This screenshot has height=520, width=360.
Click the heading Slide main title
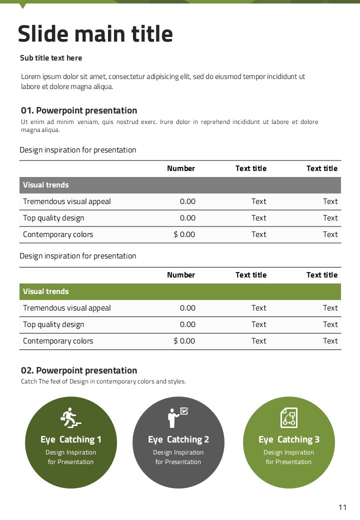coord(95,34)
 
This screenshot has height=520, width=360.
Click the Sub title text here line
coord(51,58)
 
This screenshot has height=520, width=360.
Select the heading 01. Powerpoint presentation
coord(79,110)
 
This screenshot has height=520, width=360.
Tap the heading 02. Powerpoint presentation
coord(79,370)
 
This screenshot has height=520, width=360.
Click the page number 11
coord(342,507)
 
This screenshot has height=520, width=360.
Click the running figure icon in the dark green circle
coord(70,417)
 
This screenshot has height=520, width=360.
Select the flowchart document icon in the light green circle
coord(288,417)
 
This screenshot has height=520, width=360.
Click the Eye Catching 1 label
coord(71,439)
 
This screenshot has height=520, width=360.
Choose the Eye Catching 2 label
coord(178,439)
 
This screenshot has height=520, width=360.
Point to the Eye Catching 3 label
coord(289,439)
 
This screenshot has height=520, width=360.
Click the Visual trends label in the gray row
coord(46,185)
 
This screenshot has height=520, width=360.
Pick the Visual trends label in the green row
coord(46,291)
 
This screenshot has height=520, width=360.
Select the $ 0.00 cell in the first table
coord(184,234)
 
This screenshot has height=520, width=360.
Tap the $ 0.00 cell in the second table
coord(184,341)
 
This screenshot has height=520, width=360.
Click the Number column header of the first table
coord(181,168)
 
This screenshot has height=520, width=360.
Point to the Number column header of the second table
coord(181,275)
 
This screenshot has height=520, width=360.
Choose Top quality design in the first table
coord(53,218)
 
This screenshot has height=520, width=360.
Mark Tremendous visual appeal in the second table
coord(67,308)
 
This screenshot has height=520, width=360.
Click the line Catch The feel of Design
coord(103,381)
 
